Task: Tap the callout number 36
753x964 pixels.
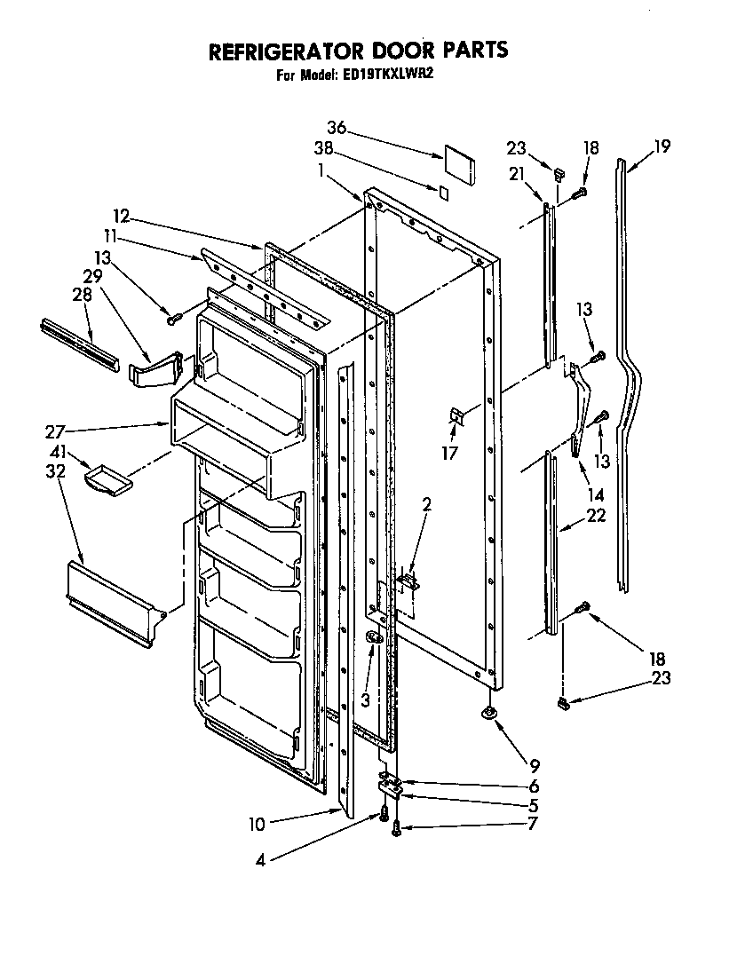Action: pos(336,127)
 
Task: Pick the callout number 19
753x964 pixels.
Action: pos(662,146)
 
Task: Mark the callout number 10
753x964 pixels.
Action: pos(257,824)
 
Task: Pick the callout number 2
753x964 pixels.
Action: pos(426,504)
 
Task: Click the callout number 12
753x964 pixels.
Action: pos(121,215)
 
